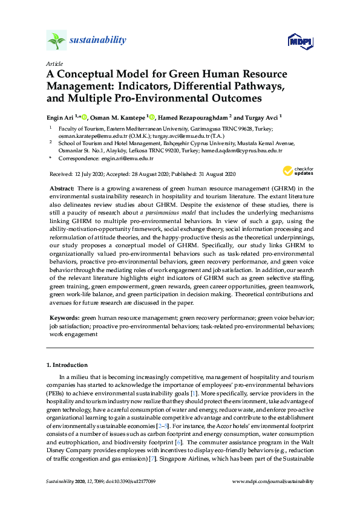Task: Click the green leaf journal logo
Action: pos(56,41)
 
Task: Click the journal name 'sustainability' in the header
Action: pos(99,41)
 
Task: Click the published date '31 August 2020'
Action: pos(214,174)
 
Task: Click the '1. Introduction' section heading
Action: pos(67,365)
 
